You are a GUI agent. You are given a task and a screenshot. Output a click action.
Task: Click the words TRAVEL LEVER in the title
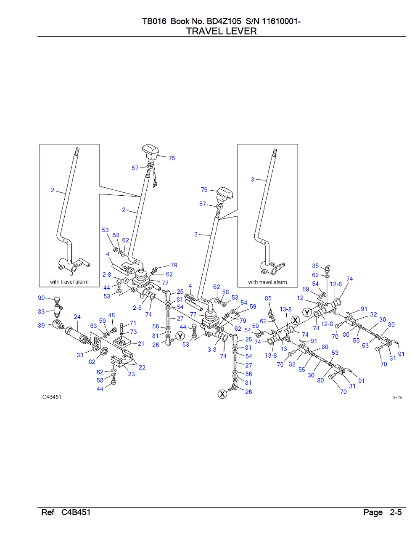coord(222,31)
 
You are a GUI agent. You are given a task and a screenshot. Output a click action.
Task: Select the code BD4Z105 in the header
coord(224,21)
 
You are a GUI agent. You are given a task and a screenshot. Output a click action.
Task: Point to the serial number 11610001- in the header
coord(281,21)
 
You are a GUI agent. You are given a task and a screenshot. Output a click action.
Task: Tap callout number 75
coord(172,158)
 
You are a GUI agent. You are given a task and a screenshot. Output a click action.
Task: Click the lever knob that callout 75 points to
coord(151,151)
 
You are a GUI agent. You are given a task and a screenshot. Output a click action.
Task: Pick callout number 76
coord(204,190)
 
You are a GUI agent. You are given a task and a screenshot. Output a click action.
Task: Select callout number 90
coord(41,298)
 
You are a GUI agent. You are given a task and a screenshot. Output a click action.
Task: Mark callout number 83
coord(41,311)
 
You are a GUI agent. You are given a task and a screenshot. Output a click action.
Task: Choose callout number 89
coord(41,325)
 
